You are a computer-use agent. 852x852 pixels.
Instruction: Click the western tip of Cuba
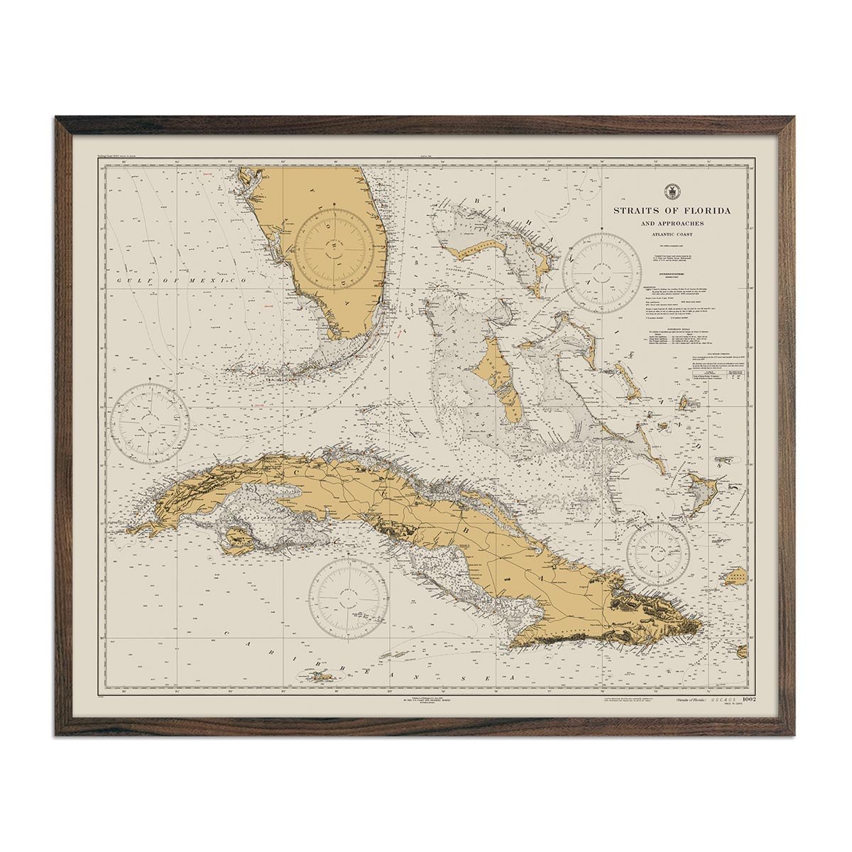pyautogui.click(x=132, y=529)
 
